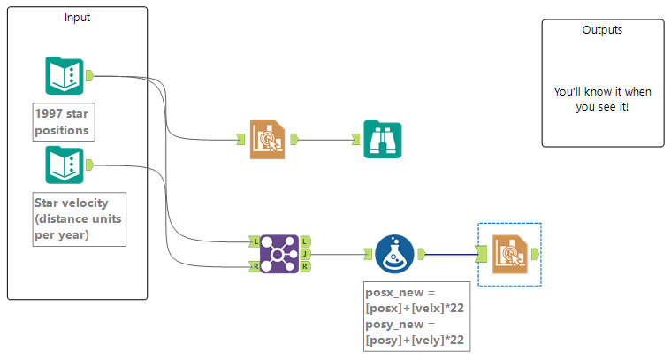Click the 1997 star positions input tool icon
click(64, 76)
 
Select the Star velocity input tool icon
click(64, 165)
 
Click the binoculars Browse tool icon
click(382, 139)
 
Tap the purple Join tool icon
click(278, 254)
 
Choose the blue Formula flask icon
click(393, 254)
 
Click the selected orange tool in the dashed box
click(509, 254)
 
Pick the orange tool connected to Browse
click(267, 139)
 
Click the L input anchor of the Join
click(255, 241)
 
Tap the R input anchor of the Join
click(255, 266)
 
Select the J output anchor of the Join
click(304, 254)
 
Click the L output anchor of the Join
click(304, 241)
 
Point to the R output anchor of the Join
click(304, 266)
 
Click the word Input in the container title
click(77, 17)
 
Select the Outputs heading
click(601, 29)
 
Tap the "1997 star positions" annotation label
click(62, 122)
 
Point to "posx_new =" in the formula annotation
click(400, 291)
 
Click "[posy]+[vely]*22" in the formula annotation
click(413, 340)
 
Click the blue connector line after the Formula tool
click(451, 254)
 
